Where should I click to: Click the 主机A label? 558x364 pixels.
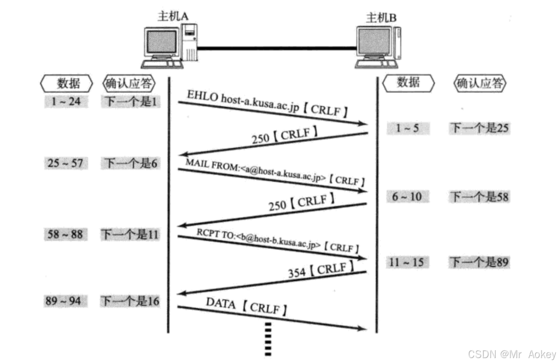tap(173, 16)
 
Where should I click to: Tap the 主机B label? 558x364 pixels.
tap(381, 18)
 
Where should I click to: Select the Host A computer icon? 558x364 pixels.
tap(169, 46)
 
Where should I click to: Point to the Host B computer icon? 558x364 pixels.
tap(378, 47)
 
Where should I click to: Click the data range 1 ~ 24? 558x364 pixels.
tap(66, 102)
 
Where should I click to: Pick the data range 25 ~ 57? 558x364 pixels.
tap(66, 163)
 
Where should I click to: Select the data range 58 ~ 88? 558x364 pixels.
tap(65, 235)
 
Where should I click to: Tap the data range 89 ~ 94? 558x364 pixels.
tap(64, 301)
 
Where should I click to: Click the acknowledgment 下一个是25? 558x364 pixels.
tap(480, 128)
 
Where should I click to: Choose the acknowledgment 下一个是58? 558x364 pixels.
tap(480, 197)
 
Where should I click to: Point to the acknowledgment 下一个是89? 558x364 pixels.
tap(479, 262)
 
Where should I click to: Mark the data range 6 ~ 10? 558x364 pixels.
tap(408, 197)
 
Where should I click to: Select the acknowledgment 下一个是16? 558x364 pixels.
tap(130, 301)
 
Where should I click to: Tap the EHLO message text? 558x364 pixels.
tap(267, 103)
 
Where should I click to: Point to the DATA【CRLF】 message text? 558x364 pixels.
tap(246, 306)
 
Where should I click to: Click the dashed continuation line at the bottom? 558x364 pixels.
tap(268, 339)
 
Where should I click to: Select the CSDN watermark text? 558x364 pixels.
tap(511, 354)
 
